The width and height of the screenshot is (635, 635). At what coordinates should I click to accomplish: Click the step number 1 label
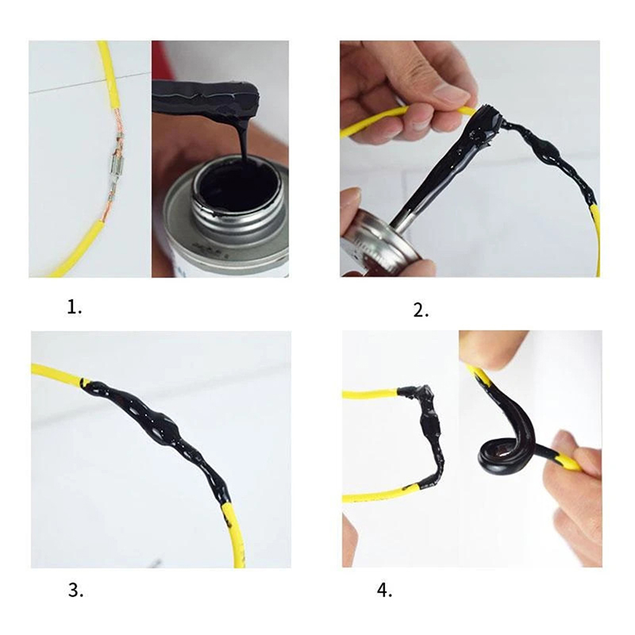74,308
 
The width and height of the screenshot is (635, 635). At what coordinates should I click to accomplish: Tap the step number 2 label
421,310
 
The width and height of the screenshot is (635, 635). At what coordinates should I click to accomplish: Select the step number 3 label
75,591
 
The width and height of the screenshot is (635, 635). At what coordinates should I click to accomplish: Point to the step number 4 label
384,591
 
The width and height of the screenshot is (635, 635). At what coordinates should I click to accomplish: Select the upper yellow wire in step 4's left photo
371,393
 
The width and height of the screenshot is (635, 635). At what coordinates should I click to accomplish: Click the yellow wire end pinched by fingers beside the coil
570,463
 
